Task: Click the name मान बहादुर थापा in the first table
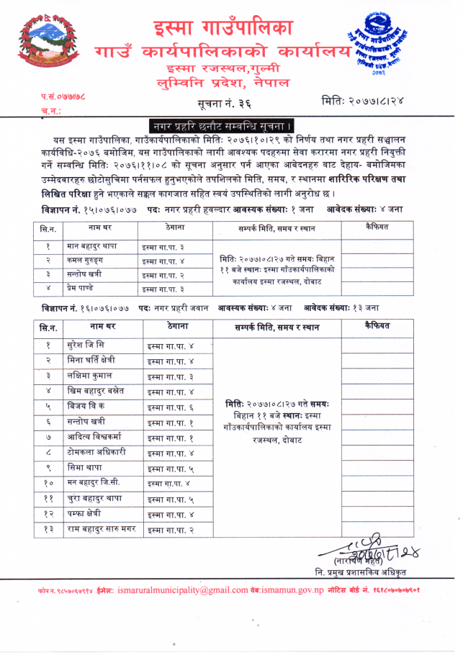92,246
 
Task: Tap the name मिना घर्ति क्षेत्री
91,360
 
